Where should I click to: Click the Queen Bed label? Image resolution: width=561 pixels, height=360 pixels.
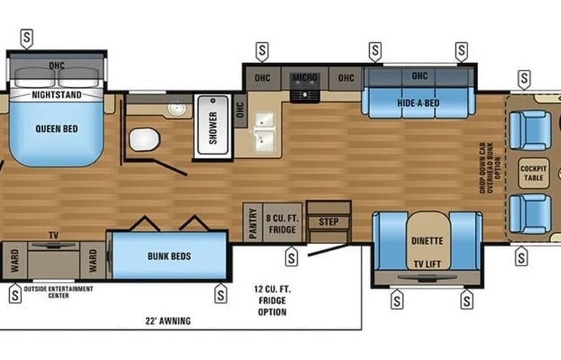tap(57, 129)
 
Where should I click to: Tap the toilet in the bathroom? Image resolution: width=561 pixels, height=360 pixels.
tap(144, 140)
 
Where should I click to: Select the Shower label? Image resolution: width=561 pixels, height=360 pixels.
tap(213, 127)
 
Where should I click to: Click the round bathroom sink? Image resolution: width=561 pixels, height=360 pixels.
tap(177, 109)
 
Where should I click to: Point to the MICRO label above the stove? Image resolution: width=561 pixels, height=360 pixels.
tap(305, 78)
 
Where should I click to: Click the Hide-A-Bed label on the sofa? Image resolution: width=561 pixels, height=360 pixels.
tap(418, 103)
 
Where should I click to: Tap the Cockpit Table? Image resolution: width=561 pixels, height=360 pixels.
tap(533, 173)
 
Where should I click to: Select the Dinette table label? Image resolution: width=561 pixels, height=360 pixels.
tap(427, 241)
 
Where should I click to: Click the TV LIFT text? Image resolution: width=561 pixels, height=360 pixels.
tap(427, 264)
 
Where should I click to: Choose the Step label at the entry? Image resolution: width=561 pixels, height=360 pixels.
tap(328, 222)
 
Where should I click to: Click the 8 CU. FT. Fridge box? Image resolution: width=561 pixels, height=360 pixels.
tap(282, 223)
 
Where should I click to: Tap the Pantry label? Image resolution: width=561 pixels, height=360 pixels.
tap(253, 223)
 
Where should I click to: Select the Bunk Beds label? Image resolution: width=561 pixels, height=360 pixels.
tap(170, 256)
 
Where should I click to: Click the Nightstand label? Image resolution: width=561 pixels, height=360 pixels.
tap(57, 95)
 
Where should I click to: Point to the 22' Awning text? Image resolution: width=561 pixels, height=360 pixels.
tap(168, 321)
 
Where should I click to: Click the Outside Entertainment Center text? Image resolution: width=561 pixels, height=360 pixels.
tap(58, 292)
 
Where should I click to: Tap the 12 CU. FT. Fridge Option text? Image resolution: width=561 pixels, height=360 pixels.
tap(272, 301)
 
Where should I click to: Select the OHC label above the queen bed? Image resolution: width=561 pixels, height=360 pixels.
tap(57, 65)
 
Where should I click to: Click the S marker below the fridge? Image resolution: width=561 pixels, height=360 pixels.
tap(291, 256)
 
